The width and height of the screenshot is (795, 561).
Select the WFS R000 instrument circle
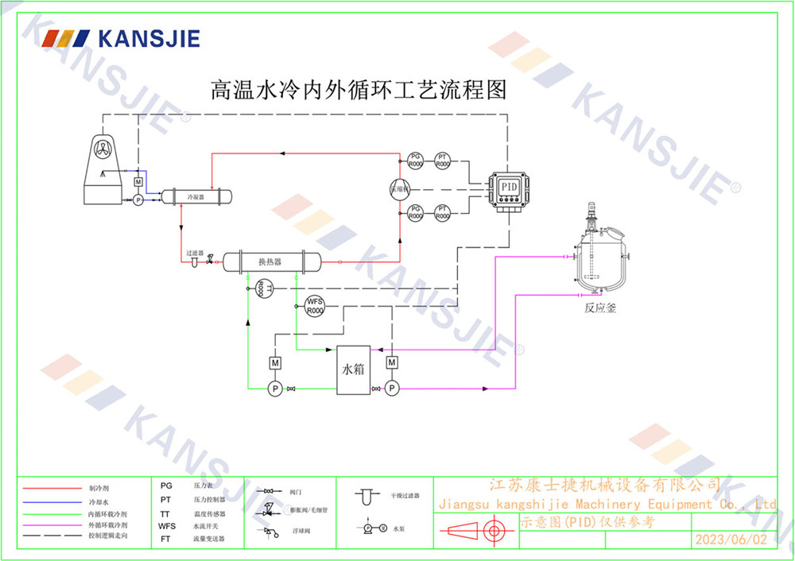coord(315,305)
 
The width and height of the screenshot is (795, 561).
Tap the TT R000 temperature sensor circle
coord(264,289)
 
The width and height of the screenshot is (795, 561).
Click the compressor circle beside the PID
coord(399,188)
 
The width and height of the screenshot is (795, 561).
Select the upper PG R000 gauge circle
coord(415,160)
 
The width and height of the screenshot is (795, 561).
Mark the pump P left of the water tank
coord(274,388)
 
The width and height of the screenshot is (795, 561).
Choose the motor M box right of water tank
coord(391,363)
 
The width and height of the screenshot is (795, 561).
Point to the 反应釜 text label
coord(600,308)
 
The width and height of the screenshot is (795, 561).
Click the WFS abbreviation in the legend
coord(167,526)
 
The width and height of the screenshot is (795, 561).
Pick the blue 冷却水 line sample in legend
coord(52,502)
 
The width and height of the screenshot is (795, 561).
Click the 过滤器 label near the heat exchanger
coord(195,253)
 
